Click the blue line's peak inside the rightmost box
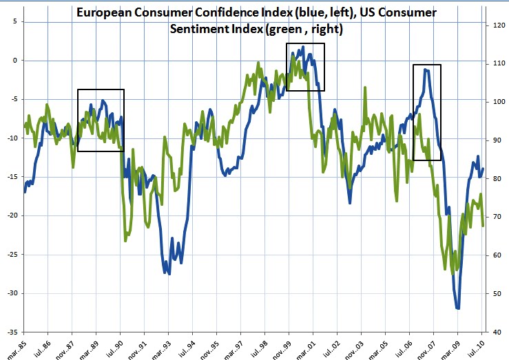pos(427,70)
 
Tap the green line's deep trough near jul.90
pos(126,240)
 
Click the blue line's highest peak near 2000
pos(303,47)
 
